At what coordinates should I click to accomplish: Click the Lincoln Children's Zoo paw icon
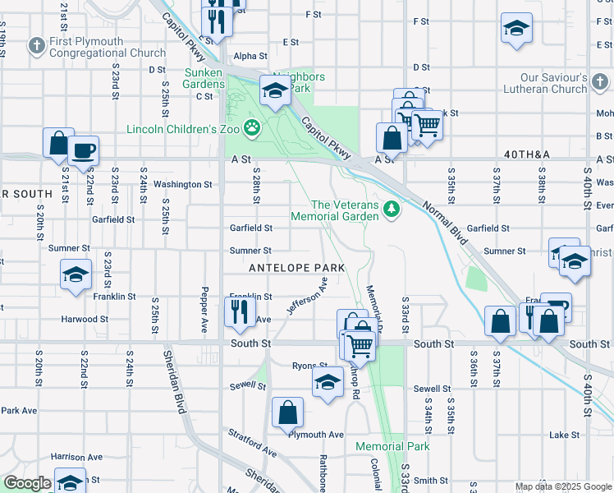pyautogui.click(x=254, y=129)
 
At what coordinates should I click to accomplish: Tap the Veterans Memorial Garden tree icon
pyautogui.click(x=392, y=210)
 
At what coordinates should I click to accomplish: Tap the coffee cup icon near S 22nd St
pyautogui.click(x=83, y=151)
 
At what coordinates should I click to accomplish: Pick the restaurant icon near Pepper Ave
pyautogui.click(x=240, y=311)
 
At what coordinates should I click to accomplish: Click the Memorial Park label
pyautogui.click(x=392, y=446)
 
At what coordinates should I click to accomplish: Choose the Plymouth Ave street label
pyautogui.click(x=315, y=434)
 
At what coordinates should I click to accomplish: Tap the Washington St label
pyautogui.click(x=183, y=185)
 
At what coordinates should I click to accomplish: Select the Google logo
pyautogui.click(x=27, y=484)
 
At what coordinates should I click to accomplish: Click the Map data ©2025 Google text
pyautogui.click(x=562, y=486)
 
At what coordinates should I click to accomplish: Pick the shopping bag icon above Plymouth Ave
pyautogui.click(x=288, y=413)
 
